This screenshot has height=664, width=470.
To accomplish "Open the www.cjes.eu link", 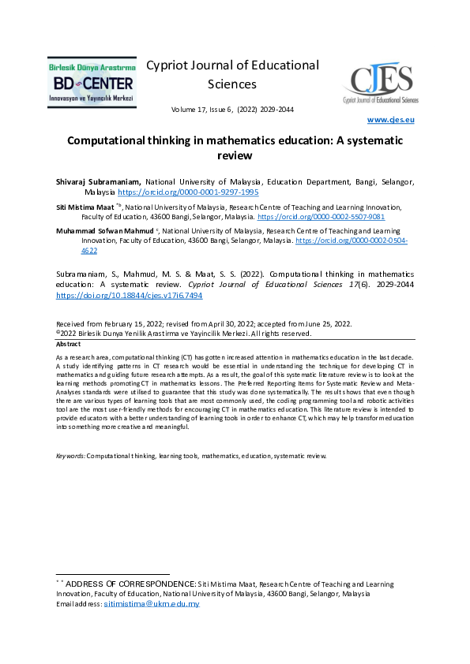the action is (391, 120).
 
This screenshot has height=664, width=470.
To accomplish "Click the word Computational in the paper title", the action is (112, 140).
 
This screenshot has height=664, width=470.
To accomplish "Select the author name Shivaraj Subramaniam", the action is (98, 181).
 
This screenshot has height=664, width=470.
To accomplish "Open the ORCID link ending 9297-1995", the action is (188, 192).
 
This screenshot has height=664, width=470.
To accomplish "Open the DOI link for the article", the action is (129, 295).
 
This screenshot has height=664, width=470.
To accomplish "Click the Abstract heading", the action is (69, 345).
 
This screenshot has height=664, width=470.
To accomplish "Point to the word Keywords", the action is (70, 456).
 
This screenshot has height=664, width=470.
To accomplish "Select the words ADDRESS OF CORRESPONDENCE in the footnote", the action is (130, 584).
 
